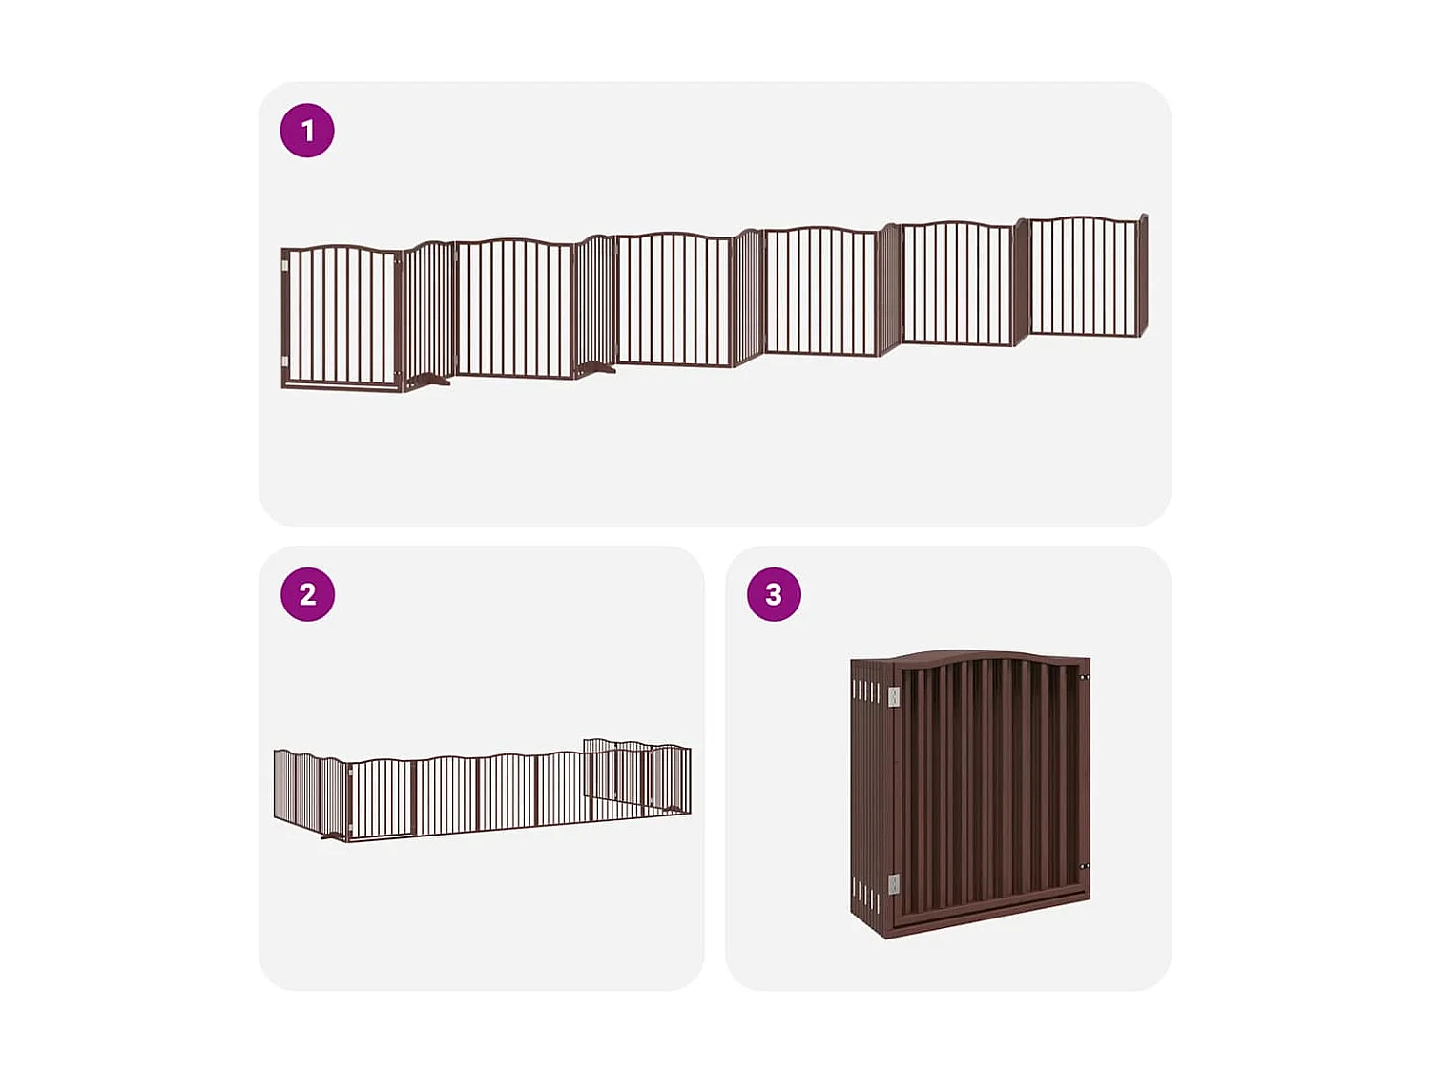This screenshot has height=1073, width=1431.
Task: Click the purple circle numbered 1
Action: [x=307, y=131]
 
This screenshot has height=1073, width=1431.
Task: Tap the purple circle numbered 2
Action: [x=307, y=595]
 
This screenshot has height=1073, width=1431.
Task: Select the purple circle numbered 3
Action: [x=774, y=595]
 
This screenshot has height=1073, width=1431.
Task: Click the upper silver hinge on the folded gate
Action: [x=894, y=697]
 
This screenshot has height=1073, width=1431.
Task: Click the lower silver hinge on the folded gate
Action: [x=894, y=885]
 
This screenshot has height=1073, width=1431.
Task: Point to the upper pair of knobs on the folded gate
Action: [x=1084, y=678]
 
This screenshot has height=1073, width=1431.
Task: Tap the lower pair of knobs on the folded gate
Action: [x=1084, y=866]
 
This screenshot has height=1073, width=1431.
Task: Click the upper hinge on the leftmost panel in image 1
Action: [x=285, y=267]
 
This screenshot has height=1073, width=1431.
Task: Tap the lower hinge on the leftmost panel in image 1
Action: [x=285, y=361]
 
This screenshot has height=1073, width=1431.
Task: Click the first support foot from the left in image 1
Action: [x=431, y=382]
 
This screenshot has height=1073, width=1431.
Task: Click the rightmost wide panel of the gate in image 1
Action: [x=1085, y=277]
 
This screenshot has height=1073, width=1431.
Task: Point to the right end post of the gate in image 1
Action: [x=1144, y=274]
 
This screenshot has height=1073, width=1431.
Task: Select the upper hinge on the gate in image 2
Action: [x=351, y=772]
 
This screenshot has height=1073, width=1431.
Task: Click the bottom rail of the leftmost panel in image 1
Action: [x=342, y=384]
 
